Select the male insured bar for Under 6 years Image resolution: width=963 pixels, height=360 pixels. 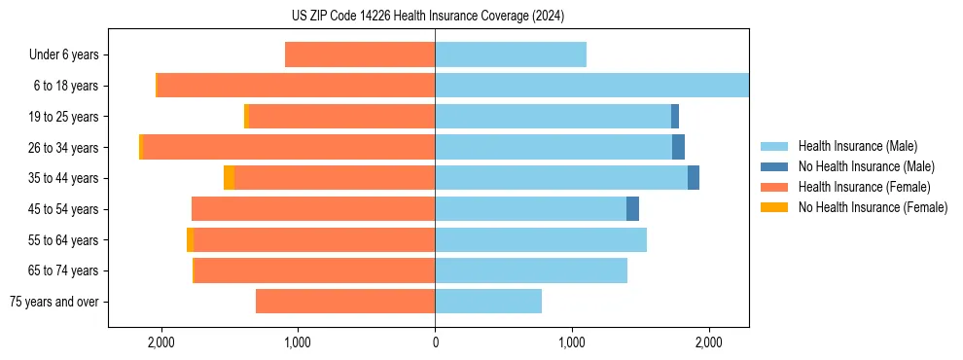tap(511, 54)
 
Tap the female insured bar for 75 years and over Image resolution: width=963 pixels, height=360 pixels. tap(345, 302)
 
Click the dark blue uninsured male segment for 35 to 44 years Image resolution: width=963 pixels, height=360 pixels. tap(694, 178)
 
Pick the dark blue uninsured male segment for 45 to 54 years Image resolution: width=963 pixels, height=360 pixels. tap(632, 209)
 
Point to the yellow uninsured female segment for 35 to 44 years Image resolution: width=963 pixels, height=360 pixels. tap(229, 178)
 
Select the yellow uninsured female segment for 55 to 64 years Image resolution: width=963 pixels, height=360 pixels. tap(190, 240)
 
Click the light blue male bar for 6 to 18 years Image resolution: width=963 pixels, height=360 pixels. tap(591, 86)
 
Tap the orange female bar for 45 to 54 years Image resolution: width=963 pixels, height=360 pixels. tap(313, 209)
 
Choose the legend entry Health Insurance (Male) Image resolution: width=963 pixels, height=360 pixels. tap(857, 146)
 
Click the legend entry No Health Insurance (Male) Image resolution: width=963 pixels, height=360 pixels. tap(866, 166)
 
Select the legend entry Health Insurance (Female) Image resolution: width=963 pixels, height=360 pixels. tap(864, 187)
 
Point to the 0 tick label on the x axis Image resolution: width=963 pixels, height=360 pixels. tap(435, 342)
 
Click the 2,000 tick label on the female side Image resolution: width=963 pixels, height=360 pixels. tap(160, 342)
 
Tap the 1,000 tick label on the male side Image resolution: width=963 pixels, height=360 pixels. tap(572, 342)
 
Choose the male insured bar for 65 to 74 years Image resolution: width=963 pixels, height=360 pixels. tap(531, 270)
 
